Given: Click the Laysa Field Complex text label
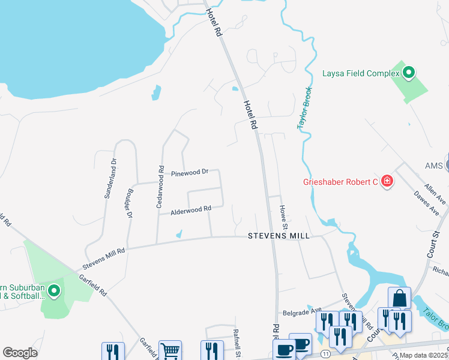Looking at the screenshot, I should point(361,73).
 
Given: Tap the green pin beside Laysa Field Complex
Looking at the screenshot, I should point(409,73).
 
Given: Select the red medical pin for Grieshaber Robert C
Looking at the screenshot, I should point(387,181).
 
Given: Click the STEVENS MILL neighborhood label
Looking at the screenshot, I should point(279,236).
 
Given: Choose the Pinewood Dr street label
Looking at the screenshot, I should point(189,173).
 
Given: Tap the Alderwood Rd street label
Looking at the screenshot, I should point(191,210).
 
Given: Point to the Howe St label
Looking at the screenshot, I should point(283,216).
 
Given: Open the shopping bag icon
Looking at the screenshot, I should point(399,298).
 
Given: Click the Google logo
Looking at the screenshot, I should point(20,353).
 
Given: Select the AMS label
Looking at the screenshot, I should point(433,166).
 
